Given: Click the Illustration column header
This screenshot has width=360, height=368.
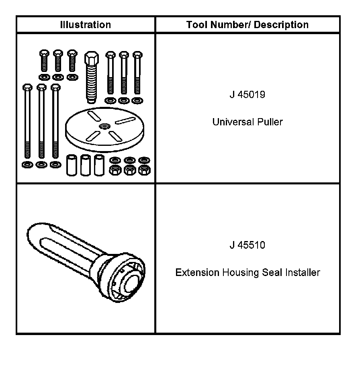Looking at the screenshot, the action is pos(85,25).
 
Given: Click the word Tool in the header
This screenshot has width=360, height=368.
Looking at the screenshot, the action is pos(195,25).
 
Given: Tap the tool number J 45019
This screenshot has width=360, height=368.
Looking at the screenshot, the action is pos(247,96).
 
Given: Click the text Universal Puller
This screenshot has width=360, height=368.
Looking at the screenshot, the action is pos(247,122).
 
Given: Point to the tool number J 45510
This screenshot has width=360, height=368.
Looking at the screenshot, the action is pos(247,245).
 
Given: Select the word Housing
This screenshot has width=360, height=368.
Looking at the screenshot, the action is pos(240,273).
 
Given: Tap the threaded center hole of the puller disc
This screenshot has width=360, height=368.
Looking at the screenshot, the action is pos(104,126).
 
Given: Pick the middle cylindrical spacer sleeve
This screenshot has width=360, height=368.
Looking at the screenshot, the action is pos(85,165).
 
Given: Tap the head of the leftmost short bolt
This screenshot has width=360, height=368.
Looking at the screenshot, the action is pos(44,53).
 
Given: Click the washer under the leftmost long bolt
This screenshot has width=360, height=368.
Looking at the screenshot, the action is pos(27,164).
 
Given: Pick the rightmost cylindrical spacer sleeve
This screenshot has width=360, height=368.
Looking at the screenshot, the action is pos(99,165).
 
